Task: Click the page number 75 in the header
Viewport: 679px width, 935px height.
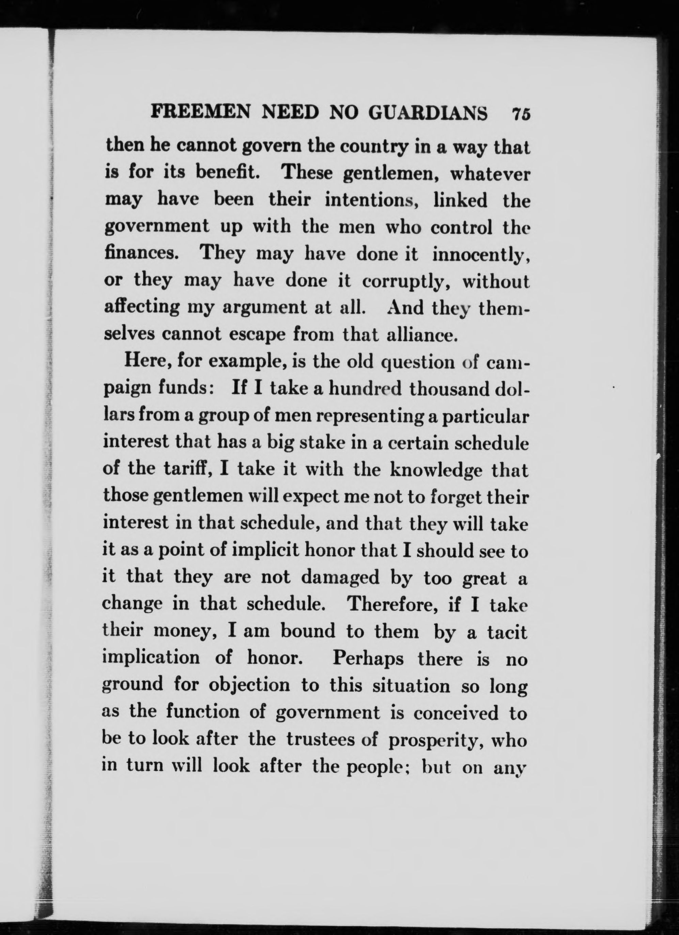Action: coord(520,113)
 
